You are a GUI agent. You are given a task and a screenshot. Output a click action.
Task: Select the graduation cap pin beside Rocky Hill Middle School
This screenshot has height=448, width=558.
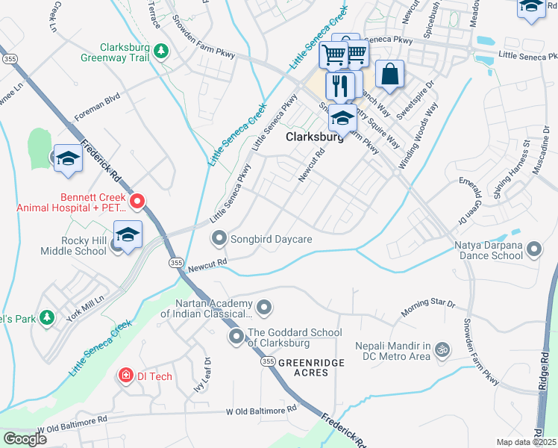[128, 234]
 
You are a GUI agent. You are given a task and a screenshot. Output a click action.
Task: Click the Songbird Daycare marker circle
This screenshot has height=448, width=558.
[219, 239]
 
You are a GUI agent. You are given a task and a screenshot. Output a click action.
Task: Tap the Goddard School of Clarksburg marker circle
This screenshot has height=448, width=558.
[237, 337]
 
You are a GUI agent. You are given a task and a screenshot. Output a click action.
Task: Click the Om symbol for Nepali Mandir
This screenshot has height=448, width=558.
[442, 349]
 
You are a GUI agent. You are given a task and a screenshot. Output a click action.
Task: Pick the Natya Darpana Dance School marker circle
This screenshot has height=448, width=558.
[534, 249]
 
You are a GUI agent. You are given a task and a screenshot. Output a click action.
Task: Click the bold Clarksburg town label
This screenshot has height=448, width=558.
[314, 137]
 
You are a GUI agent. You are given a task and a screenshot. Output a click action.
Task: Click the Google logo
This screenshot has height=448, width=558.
[25, 439]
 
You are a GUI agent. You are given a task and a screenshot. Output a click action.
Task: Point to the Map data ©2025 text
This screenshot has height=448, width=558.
[526, 442]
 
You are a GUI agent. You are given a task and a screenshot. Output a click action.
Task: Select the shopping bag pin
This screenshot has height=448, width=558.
[390, 75]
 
